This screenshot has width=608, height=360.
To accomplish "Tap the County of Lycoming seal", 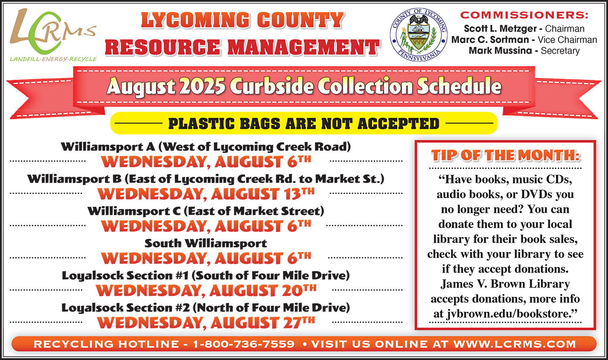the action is [419, 35].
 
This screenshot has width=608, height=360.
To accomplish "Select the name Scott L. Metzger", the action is [500, 29].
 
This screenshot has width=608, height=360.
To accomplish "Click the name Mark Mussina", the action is [500, 51].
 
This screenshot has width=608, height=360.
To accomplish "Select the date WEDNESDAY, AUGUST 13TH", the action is [206, 194].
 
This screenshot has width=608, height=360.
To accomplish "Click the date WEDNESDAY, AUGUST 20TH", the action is [206, 290].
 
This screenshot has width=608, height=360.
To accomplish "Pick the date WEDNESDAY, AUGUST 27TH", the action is [206, 323].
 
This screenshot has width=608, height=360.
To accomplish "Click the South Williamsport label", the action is [206, 244].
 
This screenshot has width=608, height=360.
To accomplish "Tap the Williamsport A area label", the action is [206, 147].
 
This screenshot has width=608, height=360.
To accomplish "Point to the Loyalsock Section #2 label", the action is [206, 308].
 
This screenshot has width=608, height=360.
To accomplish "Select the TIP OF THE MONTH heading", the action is [506, 155].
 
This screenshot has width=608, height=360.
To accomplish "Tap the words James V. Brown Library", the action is [505, 284].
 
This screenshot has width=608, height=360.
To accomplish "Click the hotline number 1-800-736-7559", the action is [244, 344].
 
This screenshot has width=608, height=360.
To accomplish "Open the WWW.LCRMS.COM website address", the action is [515, 344].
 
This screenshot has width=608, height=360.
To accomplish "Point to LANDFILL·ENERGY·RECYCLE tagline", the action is [53, 59].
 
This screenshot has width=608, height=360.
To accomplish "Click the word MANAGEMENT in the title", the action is [303, 47].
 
